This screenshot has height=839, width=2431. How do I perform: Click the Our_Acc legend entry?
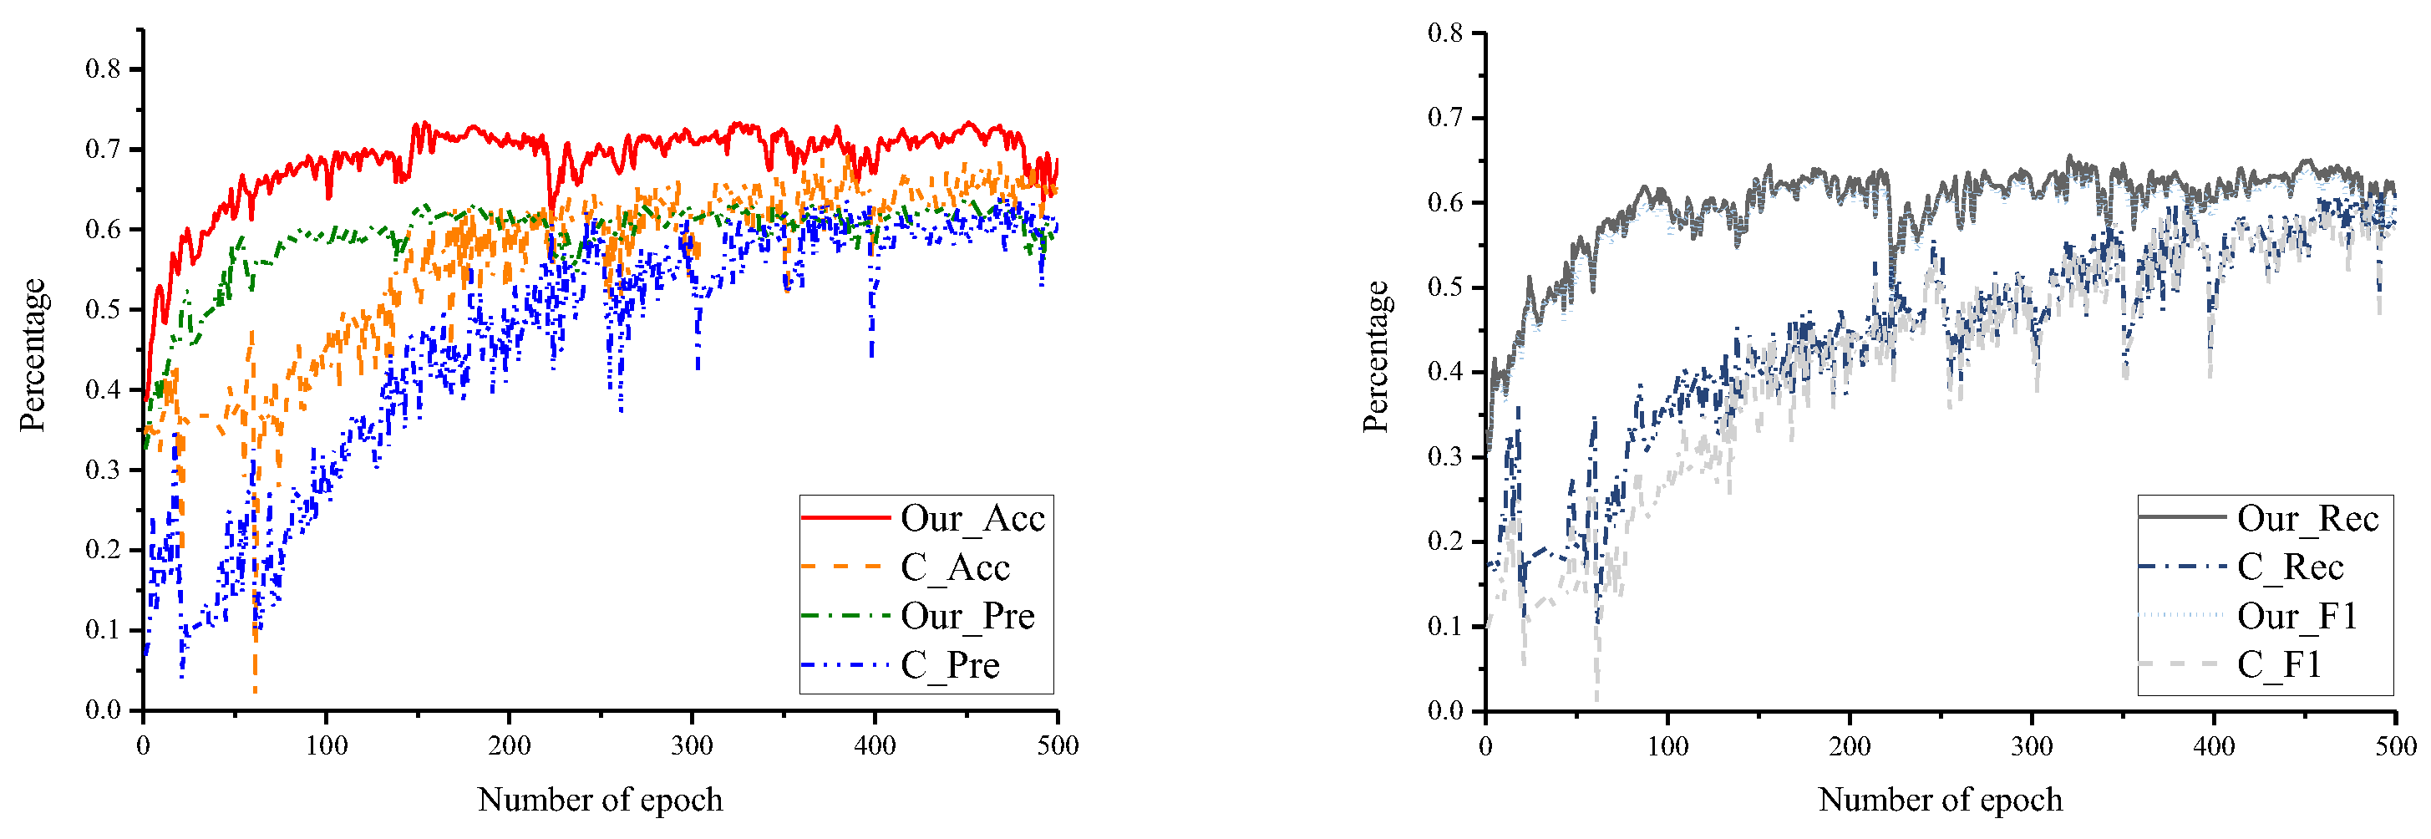(972, 518)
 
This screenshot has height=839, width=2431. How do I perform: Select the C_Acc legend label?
(955, 567)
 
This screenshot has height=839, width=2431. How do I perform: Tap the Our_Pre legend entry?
(967, 616)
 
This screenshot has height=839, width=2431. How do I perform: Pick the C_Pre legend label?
(949, 665)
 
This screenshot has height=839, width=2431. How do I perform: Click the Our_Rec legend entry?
(2307, 518)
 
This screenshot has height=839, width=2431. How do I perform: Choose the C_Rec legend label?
(2291, 567)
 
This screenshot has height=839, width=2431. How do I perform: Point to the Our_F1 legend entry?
(2297, 616)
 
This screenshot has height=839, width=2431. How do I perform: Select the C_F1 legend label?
(2279, 665)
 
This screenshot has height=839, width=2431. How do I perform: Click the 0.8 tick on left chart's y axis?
(103, 69)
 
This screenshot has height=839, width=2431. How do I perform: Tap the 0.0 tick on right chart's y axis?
(1445, 710)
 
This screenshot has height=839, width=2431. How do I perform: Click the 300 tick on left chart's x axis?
(692, 745)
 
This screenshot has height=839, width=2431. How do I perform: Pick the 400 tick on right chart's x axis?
(2213, 745)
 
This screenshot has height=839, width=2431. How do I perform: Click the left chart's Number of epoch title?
(600, 800)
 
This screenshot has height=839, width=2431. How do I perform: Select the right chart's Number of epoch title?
(1941, 800)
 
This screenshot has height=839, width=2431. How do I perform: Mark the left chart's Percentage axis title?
(33, 355)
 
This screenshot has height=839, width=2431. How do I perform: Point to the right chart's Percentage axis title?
(1376, 357)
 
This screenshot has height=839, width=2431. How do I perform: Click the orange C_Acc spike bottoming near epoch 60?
(255, 689)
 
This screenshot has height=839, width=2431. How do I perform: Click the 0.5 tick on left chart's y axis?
(103, 309)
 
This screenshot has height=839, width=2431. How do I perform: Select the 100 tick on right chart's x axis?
(1667, 745)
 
